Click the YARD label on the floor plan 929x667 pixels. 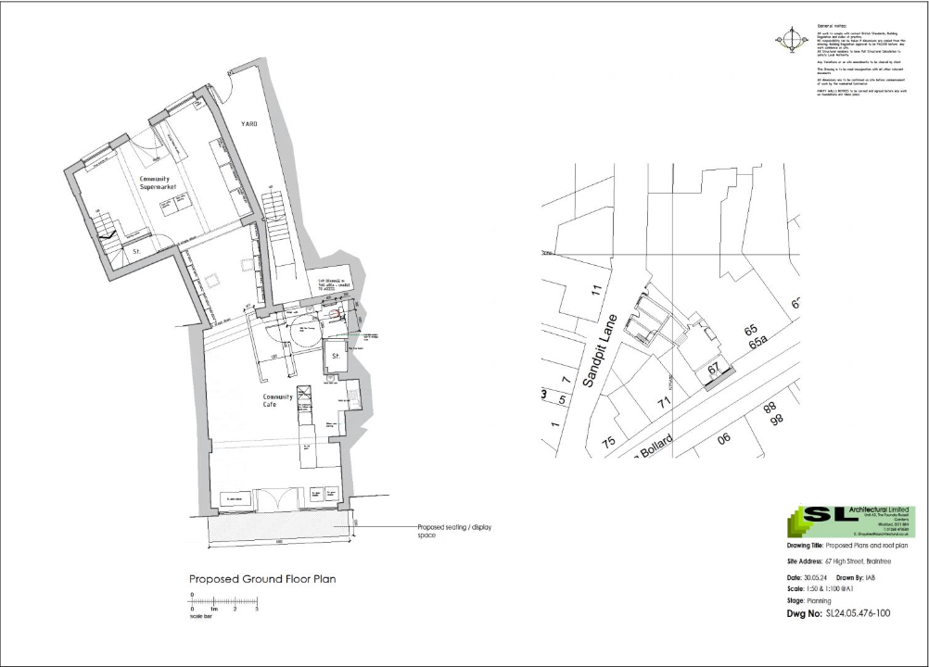tap(249, 123)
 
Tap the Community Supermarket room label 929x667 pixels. tap(158, 182)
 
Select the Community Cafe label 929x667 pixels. tap(278, 400)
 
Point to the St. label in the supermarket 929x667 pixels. tap(134, 251)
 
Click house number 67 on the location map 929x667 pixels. tap(713, 368)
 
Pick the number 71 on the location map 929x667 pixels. tap(662, 404)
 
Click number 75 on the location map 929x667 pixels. tap(609, 441)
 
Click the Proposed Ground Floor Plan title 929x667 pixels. tap(262, 579)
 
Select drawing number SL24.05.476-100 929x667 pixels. tap(858, 613)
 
